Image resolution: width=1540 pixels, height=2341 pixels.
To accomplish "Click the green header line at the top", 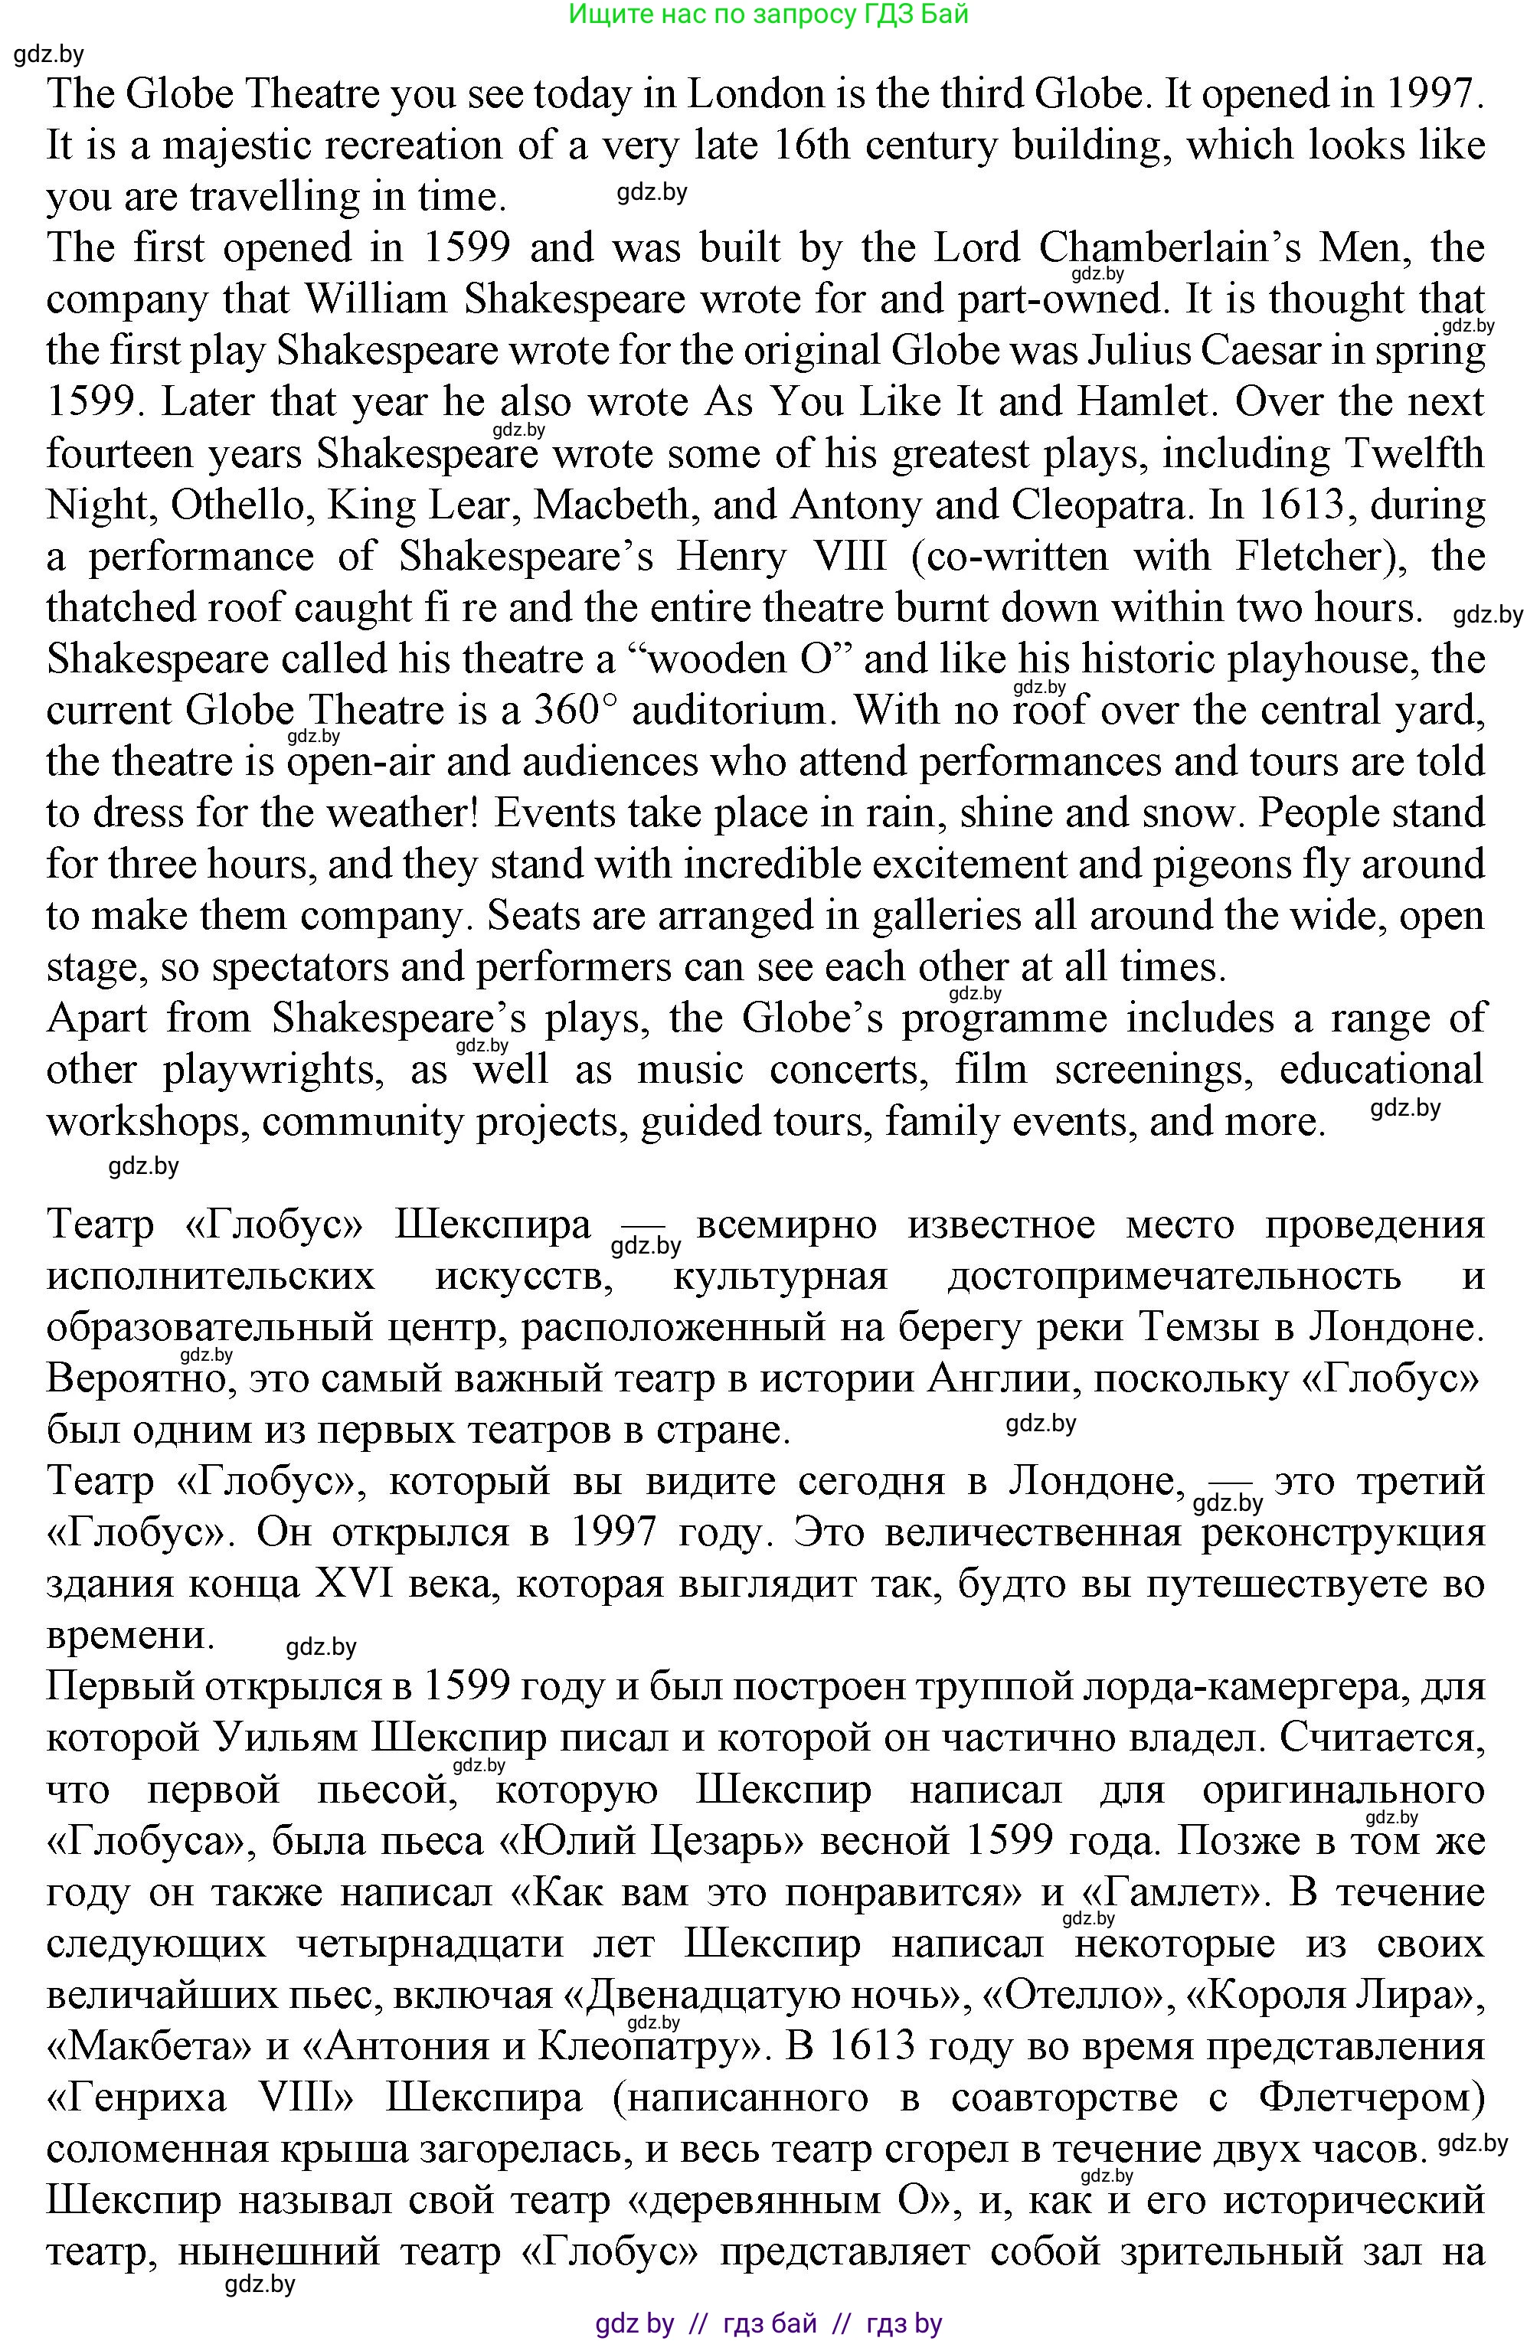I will (768, 14).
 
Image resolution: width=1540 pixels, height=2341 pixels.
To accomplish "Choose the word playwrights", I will (271, 1070).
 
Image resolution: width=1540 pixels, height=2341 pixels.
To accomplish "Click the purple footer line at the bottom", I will (768, 2323).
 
